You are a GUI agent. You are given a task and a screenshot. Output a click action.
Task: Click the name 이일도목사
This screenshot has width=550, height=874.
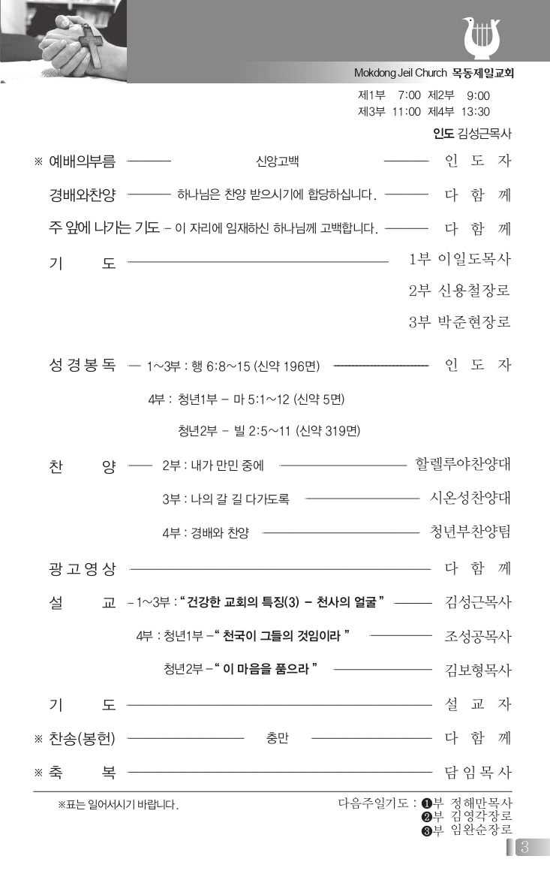[x=474, y=260]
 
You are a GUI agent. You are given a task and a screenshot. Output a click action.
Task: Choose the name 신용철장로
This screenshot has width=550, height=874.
[x=474, y=291]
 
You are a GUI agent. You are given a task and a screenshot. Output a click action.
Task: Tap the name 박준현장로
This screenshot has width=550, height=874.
[x=474, y=322]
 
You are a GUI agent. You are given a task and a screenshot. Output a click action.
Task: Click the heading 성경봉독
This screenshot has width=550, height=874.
[x=83, y=366]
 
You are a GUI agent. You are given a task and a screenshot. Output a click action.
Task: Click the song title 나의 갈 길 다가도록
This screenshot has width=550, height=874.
[x=236, y=499]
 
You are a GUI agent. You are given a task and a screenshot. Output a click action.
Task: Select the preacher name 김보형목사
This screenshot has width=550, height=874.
[x=478, y=669]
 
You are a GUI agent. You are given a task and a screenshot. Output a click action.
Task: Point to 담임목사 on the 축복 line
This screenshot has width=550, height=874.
[x=477, y=771]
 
